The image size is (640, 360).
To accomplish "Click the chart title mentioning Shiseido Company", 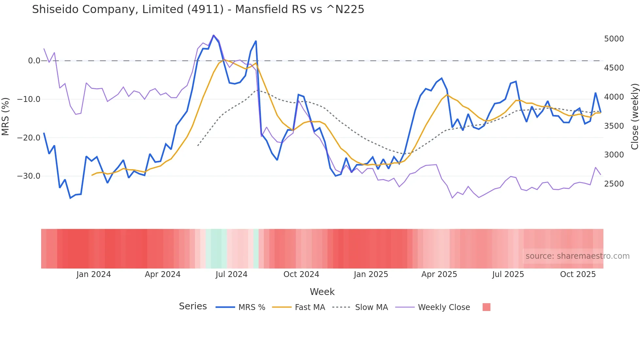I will tap(198, 9).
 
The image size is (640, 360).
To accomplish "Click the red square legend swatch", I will tap(486, 307).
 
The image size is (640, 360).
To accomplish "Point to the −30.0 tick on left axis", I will tap(29, 176).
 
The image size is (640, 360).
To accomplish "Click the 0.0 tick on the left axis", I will tap(34, 61).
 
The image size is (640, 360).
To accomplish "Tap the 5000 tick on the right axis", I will tap(614, 39).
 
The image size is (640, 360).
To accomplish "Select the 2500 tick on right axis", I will tap(614, 184).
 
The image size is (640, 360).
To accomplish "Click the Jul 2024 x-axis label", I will tap(231, 274).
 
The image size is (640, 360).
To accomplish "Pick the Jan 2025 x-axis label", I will tap(371, 274).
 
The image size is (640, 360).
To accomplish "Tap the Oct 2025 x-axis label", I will tap(578, 274).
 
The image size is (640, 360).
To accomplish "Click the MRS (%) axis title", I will tap(6, 116).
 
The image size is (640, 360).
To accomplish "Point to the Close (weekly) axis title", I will tap(634, 117).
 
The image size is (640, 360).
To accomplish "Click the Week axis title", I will tap(322, 292).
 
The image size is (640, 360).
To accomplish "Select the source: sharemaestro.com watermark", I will tap(577, 256).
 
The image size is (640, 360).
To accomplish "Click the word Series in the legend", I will tap(193, 306).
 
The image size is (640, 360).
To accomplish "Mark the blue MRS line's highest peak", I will tap(214, 35).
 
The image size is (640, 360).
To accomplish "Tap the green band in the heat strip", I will tap(216, 249).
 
